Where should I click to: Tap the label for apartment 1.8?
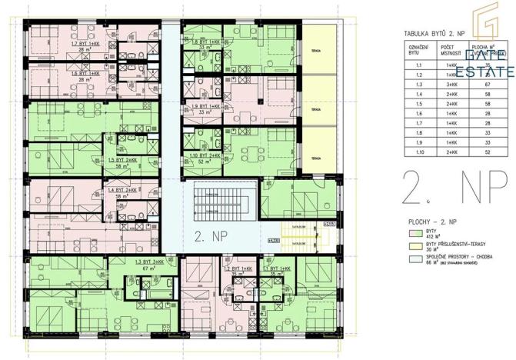pos(205,42)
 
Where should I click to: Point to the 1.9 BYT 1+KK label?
pos(205,106)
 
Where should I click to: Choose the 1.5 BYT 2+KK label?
pos(122,160)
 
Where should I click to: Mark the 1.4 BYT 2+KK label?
pos(122,190)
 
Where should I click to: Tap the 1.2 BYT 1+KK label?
pos(233,268)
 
